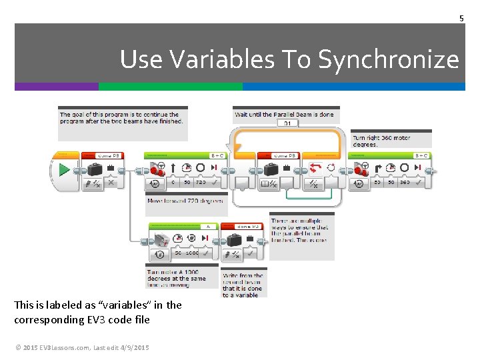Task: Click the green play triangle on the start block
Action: coord(64,170)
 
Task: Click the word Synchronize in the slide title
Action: coord(389,60)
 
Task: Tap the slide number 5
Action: coord(461,18)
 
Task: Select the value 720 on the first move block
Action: coord(200,182)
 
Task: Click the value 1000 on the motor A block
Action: coord(191,254)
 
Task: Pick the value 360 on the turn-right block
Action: coord(404,182)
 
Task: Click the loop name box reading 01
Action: coord(287,123)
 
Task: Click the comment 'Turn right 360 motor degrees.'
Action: coord(391,141)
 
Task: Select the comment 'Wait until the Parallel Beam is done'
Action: coord(285,114)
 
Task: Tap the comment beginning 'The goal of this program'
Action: coord(122,118)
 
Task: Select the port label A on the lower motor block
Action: coord(207,226)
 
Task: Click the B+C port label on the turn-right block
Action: coord(421,155)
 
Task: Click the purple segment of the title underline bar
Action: coord(57,87)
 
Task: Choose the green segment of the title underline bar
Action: coord(170,87)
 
